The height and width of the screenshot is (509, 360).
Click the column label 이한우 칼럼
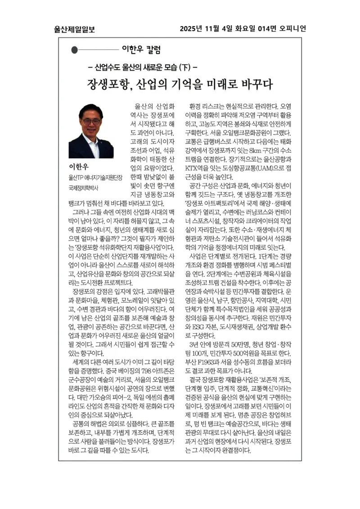tap(141, 49)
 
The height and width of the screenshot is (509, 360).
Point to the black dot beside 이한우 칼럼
tap(75, 50)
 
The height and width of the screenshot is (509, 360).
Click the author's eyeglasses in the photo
tap(91, 121)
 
